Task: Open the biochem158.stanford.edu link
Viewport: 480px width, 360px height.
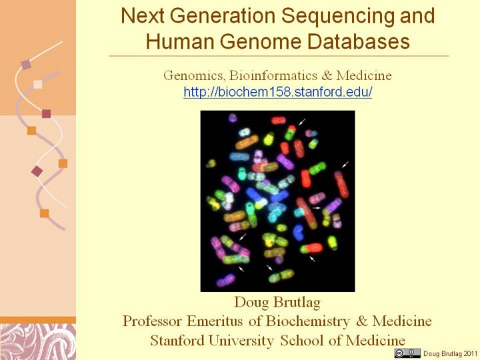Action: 277,91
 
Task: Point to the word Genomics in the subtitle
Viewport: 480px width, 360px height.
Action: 195,75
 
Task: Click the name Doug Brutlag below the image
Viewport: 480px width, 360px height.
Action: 277,302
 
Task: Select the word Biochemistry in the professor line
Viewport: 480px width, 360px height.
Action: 307,321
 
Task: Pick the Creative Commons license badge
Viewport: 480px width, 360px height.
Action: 407,353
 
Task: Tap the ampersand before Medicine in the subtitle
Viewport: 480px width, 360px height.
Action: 327,75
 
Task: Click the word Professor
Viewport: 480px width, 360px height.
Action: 152,321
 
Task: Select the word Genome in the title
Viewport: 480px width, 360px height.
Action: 261,41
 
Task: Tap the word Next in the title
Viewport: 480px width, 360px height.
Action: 143,15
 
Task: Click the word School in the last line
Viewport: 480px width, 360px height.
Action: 301,341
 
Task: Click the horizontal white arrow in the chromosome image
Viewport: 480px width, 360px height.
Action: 317,208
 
